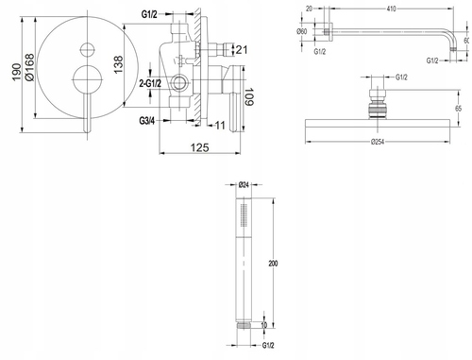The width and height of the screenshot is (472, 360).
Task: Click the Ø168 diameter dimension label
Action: click(x=29, y=67)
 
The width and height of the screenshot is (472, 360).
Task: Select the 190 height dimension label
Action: click(x=16, y=72)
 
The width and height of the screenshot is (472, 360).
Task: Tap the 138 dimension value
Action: click(x=118, y=65)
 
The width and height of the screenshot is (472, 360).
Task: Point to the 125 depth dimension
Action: click(x=199, y=147)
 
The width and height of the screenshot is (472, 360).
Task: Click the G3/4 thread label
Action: click(x=147, y=121)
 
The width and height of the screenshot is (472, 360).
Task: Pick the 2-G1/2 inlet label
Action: click(x=150, y=83)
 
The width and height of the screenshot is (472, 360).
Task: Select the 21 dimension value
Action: click(x=242, y=50)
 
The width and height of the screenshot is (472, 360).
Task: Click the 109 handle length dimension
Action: click(x=249, y=97)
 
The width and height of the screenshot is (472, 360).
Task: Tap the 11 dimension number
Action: click(x=220, y=126)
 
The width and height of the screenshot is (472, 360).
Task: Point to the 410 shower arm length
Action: click(x=391, y=9)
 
